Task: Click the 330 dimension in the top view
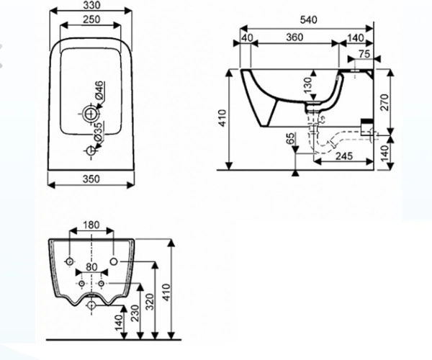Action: [91, 5]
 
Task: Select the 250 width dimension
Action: [91, 19]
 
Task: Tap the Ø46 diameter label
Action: [99, 90]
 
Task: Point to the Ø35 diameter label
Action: [99, 131]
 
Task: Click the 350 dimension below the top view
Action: [91, 179]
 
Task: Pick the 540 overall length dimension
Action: [308, 20]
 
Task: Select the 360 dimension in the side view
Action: [294, 37]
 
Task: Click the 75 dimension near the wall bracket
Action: [364, 54]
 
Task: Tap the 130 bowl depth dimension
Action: [308, 84]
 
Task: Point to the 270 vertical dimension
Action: [384, 102]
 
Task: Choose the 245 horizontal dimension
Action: [344, 156]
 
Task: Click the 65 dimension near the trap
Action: [290, 138]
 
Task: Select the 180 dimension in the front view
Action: [91, 225]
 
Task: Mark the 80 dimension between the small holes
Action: [91, 267]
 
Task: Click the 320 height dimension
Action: [149, 302]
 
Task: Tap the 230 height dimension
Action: [135, 313]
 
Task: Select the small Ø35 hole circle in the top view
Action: [91, 150]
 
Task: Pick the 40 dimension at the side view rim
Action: [246, 38]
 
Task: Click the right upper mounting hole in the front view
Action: [114, 261]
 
